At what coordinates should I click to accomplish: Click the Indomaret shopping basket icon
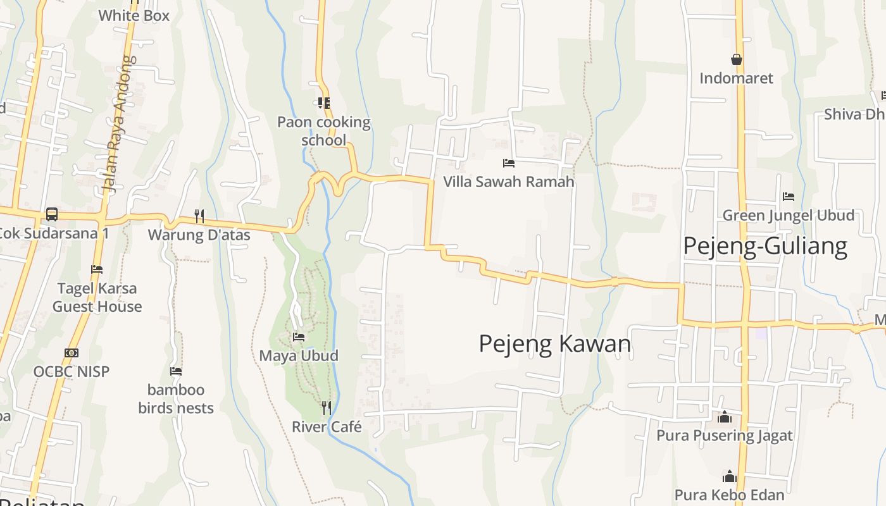737,59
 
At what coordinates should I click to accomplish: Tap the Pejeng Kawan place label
555,343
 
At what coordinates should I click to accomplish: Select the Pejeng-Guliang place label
765,245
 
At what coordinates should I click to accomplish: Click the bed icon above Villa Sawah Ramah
508,163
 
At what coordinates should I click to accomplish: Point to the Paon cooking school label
324,131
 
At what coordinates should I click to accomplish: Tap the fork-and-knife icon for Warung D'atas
199,216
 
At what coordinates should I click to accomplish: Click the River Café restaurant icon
327,407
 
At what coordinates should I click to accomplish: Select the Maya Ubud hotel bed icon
299,336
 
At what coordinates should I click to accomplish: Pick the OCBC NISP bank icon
72,352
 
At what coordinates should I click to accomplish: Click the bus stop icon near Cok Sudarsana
52,214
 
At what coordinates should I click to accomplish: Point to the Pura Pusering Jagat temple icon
725,417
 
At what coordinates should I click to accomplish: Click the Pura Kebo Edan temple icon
730,476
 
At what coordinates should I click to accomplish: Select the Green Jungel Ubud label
789,215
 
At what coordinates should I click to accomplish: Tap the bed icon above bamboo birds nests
176,371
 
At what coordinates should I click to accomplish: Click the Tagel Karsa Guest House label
97,297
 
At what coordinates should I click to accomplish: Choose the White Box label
134,15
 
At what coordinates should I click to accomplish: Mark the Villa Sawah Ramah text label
509,182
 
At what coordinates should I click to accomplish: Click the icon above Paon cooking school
324,102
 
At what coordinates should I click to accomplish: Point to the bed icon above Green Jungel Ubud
789,196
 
